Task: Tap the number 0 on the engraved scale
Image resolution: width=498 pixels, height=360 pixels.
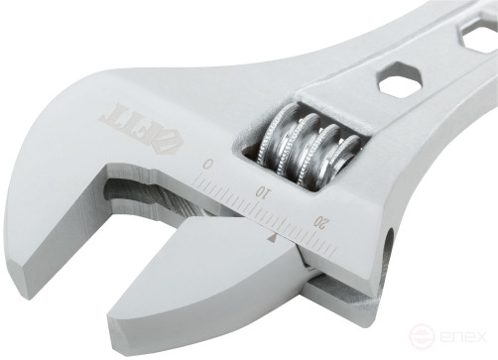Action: pos(207,163)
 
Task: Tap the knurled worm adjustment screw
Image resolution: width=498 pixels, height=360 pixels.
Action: pos(301,146)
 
